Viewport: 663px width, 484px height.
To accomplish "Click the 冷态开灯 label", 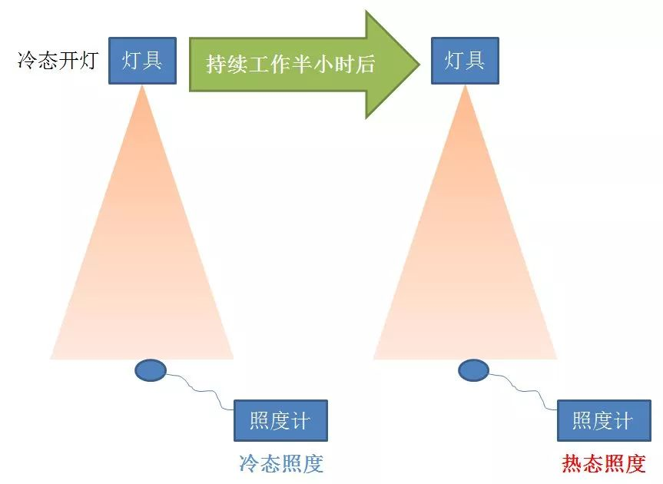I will pos(57,61).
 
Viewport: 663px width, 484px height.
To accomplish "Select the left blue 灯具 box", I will pos(142,61).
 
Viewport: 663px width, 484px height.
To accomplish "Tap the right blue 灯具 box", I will pos(465,61).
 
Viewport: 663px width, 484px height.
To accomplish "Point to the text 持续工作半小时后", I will pos(290,65).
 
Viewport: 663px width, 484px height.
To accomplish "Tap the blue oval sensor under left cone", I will pos(151,371).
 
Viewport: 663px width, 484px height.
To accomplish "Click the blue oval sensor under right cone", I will pos(473,371).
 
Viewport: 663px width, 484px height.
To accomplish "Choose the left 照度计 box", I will pos(280,420).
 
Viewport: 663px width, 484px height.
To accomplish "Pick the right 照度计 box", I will pos(603,420).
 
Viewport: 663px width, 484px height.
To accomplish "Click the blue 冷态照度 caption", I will pos(281,463).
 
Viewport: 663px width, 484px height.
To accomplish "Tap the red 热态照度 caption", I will pos(604,463).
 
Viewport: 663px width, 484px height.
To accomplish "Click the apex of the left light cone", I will pos(142,88).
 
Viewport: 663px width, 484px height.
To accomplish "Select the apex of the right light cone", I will pos(465,88).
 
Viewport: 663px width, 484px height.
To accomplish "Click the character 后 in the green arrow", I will pos(365,65).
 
